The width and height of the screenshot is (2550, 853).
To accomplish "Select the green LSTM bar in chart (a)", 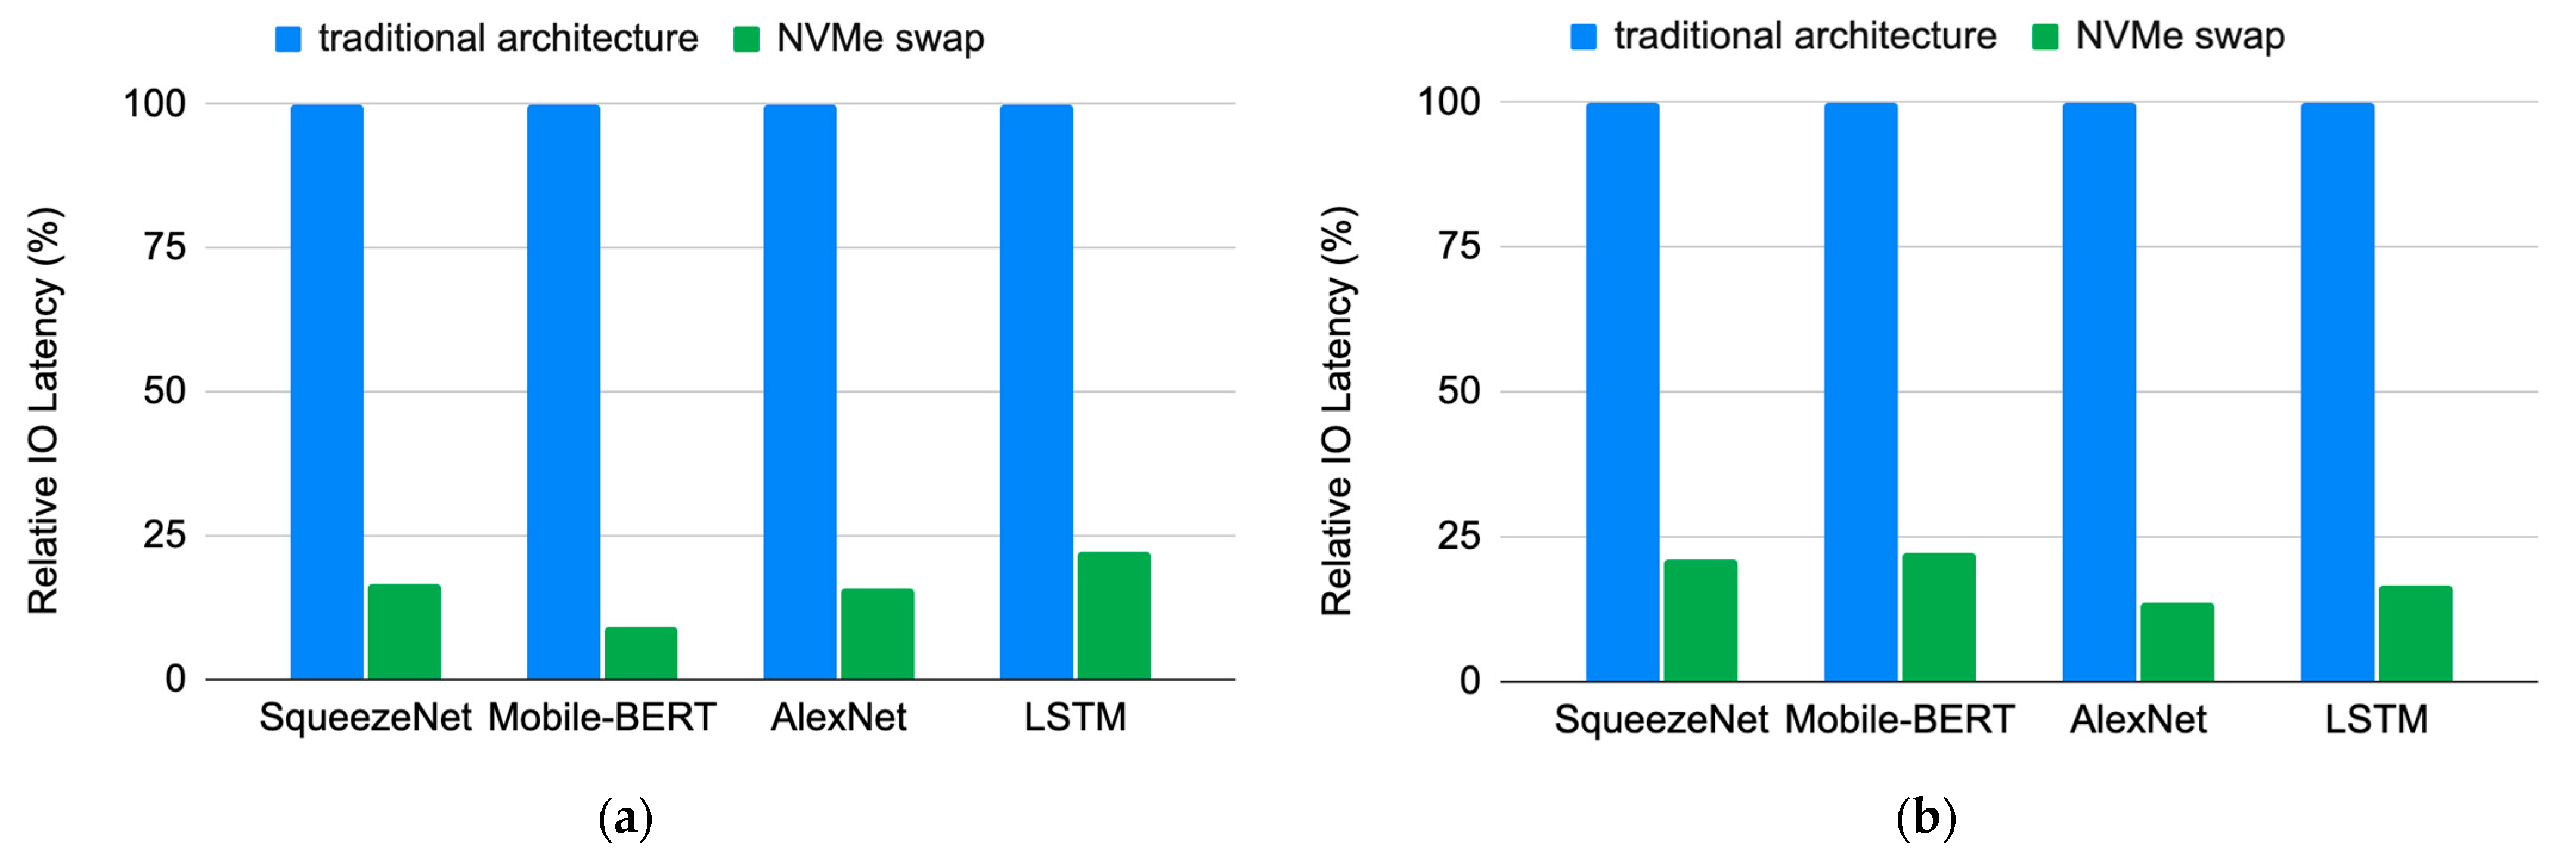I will tap(1114, 615).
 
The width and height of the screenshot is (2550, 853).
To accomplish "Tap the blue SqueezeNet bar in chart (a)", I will tap(327, 392).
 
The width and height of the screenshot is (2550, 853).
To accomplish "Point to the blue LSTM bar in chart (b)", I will tap(2337, 392).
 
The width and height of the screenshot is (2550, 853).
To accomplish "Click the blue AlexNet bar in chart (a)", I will tap(800, 392).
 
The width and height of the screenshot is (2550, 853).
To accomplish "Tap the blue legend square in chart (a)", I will tap(288, 39).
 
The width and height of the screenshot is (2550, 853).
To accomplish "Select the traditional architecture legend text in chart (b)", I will tap(1805, 36).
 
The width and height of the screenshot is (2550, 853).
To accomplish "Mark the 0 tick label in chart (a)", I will tap(175, 679).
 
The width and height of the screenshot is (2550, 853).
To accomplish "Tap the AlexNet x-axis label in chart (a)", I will tap(838, 717).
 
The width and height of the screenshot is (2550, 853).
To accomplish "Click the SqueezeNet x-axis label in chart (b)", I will tap(1660, 720).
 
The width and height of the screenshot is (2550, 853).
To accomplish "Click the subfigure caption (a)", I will tap(625, 820).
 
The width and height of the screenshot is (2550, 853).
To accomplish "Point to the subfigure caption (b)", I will tap(1925, 820).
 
